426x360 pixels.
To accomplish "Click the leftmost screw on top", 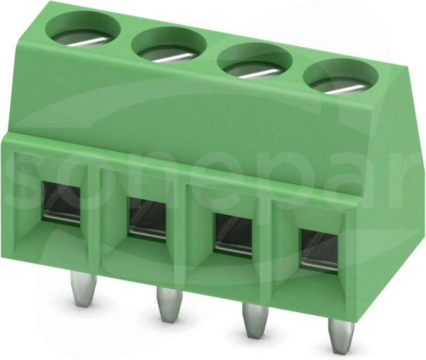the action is pos(83,35).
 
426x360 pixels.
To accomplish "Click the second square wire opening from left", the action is pos(148,218).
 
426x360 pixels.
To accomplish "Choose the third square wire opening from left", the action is pos(233,234).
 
